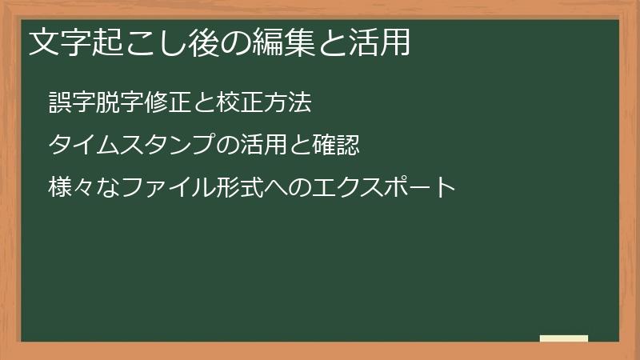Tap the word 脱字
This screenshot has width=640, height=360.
[120, 103]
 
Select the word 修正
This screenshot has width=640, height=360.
[168, 103]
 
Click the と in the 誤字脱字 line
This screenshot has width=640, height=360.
[203, 103]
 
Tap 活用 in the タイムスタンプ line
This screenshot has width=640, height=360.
[263, 146]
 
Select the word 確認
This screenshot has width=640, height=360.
[335, 146]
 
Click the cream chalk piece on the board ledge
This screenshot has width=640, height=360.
[564, 338]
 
